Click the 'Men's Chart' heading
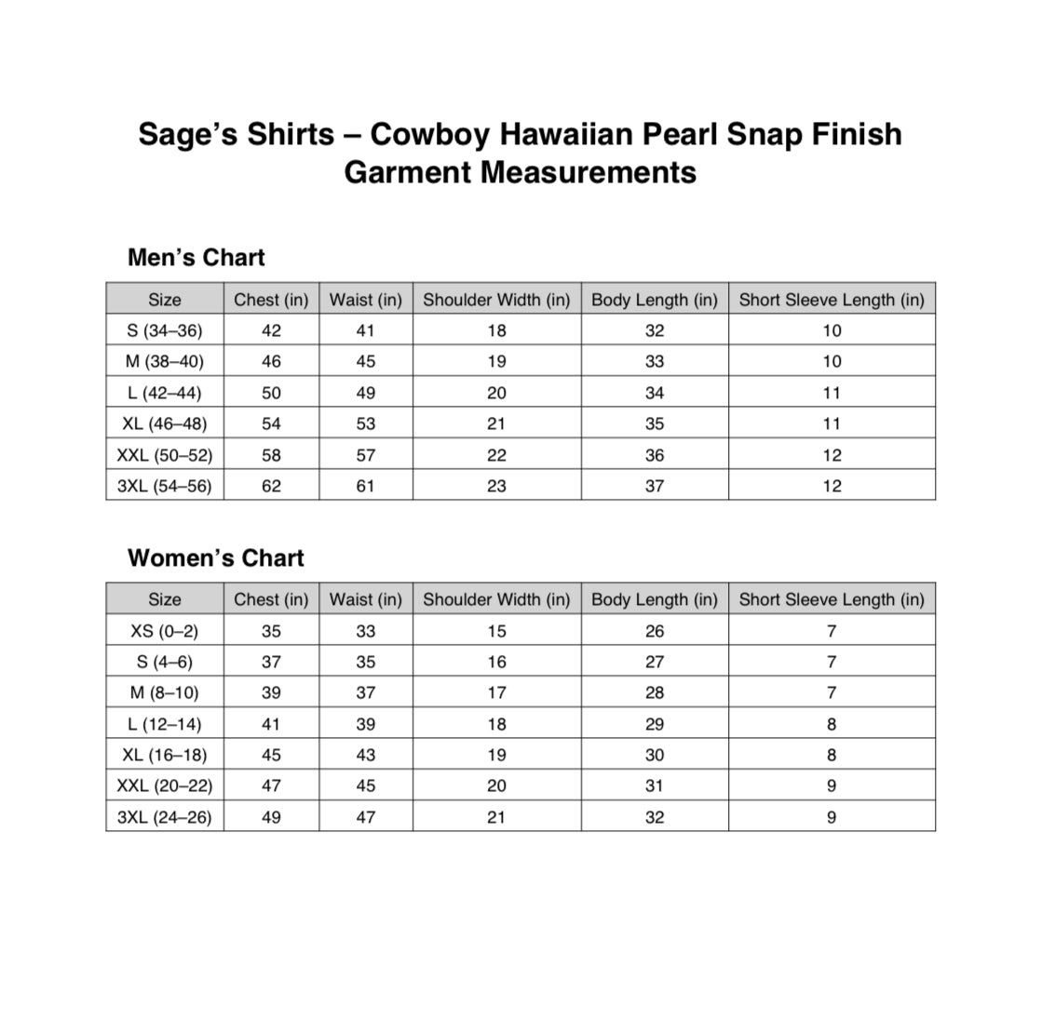coord(196,258)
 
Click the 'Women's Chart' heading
coord(215,558)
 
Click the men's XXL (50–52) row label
coord(165,455)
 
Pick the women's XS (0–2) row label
coord(165,631)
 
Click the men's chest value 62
coord(271,486)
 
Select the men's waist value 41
coord(366,330)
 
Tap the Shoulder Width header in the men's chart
coord(496,300)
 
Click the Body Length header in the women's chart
coord(655,599)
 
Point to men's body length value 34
coord(655,393)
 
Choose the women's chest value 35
coord(271,631)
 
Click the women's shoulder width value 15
coord(496,631)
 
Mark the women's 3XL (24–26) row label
coord(165,817)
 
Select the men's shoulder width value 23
coord(496,486)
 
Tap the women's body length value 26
coord(655,631)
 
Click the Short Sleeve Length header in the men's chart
coord(832,300)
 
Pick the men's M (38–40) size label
coord(165,361)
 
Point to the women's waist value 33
coord(366,631)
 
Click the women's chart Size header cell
coord(165,599)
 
